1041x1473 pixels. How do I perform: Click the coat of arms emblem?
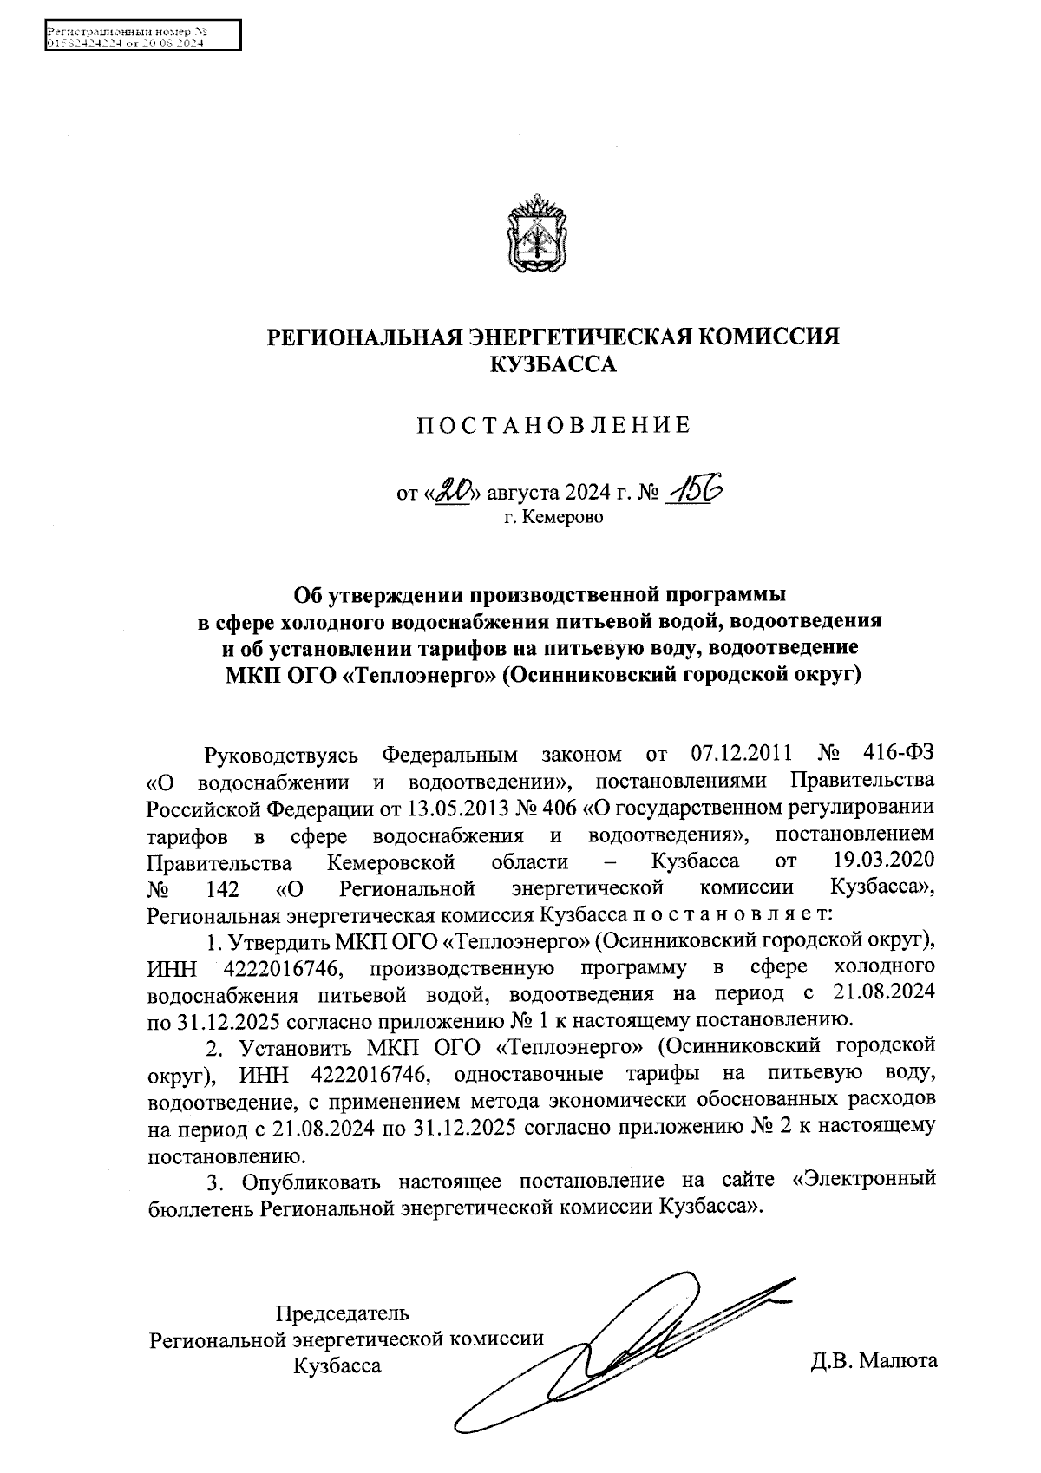pyautogui.click(x=535, y=233)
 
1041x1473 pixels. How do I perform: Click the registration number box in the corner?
pyautogui.click(x=141, y=37)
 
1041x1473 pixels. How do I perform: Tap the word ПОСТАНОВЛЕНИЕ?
pyautogui.click(x=553, y=426)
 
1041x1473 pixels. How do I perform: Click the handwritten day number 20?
pyautogui.click(x=452, y=493)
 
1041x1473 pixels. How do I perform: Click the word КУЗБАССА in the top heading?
pyautogui.click(x=553, y=365)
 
